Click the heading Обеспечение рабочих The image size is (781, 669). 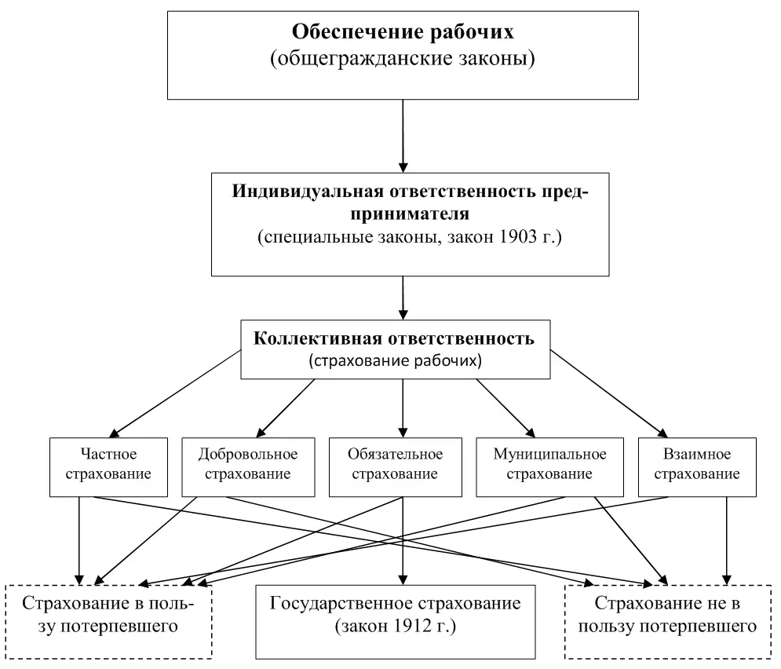[403, 32]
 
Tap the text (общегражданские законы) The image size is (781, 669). [403, 59]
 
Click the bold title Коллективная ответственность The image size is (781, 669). [394, 339]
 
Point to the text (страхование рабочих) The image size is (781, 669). [394, 361]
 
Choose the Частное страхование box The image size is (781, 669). [108, 464]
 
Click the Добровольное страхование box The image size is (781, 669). [248, 464]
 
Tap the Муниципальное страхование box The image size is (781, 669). [549, 464]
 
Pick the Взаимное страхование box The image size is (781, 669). [697, 464]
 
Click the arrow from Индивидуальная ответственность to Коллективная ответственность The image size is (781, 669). [403, 298]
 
